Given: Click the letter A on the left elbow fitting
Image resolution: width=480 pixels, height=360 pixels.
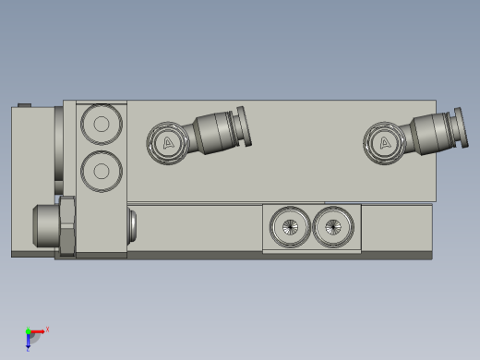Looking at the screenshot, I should click(168, 142).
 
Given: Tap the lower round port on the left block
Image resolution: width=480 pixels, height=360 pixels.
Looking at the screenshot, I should click(101, 169).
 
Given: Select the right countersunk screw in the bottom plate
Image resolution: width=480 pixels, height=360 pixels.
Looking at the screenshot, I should click(333, 226).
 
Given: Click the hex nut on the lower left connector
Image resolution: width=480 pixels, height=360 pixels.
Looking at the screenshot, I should click(66, 225).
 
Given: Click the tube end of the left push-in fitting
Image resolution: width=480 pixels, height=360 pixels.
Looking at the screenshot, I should click(243, 126).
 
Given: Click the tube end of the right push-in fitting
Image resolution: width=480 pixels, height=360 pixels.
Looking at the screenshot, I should click(460, 126).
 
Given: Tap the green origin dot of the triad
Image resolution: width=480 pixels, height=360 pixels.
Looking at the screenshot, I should click(28, 331).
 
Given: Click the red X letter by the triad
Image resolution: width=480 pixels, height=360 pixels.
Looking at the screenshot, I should click(47, 329).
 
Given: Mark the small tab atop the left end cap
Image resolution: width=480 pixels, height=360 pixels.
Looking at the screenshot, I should click(25, 104).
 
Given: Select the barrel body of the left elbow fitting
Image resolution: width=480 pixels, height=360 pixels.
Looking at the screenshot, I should click(212, 133).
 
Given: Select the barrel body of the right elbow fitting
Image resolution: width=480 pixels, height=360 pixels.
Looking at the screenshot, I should click(429, 133).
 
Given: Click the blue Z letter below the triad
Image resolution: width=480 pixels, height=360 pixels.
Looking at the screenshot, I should click(28, 349).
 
